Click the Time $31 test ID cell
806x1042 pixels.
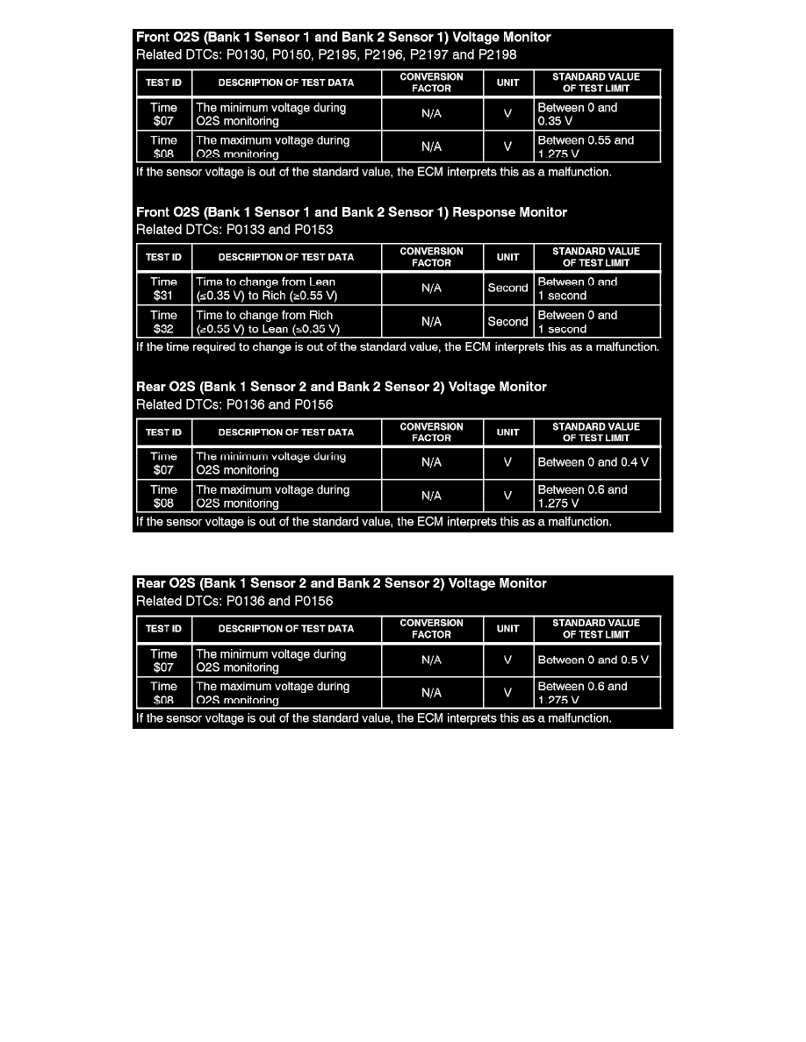tap(164, 289)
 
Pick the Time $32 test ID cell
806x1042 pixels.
tap(164, 322)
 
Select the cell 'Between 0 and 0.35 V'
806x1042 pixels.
tap(597, 114)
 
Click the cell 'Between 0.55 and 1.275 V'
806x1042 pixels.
tap(597, 146)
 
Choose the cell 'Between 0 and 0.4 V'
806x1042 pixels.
tap(597, 462)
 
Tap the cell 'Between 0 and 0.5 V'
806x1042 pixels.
tap(597, 660)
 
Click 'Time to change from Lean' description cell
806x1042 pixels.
tap(286, 289)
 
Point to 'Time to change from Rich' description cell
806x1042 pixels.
tap(286, 322)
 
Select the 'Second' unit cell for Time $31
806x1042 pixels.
tap(508, 289)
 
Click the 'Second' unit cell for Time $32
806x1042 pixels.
tap(508, 322)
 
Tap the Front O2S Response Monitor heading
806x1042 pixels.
tap(351, 212)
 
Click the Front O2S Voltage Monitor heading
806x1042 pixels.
tap(343, 38)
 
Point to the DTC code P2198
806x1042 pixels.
tap(497, 54)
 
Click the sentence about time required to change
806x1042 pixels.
tap(397, 346)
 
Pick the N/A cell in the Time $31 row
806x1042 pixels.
tap(431, 289)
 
